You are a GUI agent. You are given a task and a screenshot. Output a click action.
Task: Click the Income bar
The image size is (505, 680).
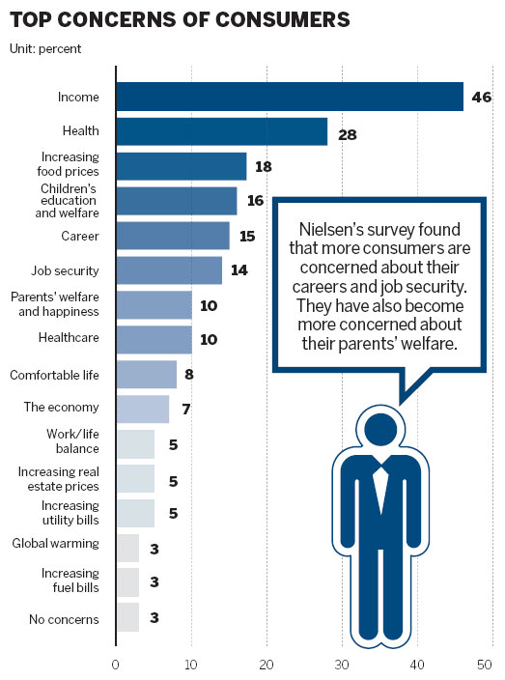[x=290, y=97]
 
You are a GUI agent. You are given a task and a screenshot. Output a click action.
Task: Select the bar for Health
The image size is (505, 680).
[x=221, y=131]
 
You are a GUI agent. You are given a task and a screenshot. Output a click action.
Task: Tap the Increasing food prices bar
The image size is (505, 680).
[x=182, y=166]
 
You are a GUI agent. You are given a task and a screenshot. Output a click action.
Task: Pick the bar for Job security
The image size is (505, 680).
[x=169, y=270]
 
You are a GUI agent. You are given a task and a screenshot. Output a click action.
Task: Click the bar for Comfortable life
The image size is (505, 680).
[x=146, y=374]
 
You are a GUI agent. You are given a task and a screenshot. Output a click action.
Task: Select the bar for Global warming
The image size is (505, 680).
[x=127, y=548]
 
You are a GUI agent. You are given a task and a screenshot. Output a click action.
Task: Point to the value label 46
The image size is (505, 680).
[x=483, y=97]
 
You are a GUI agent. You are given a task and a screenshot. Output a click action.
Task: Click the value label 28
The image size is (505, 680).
[x=348, y=134]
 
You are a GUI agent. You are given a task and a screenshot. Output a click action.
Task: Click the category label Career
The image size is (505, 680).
[x=79, y=236]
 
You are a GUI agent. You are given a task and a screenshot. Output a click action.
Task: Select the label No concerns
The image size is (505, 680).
[x=66, y=618]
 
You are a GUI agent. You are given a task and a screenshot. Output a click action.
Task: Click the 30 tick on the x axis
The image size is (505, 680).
[x=342, y=665]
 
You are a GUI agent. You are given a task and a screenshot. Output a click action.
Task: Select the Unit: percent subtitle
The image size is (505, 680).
[x=46, y=47]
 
